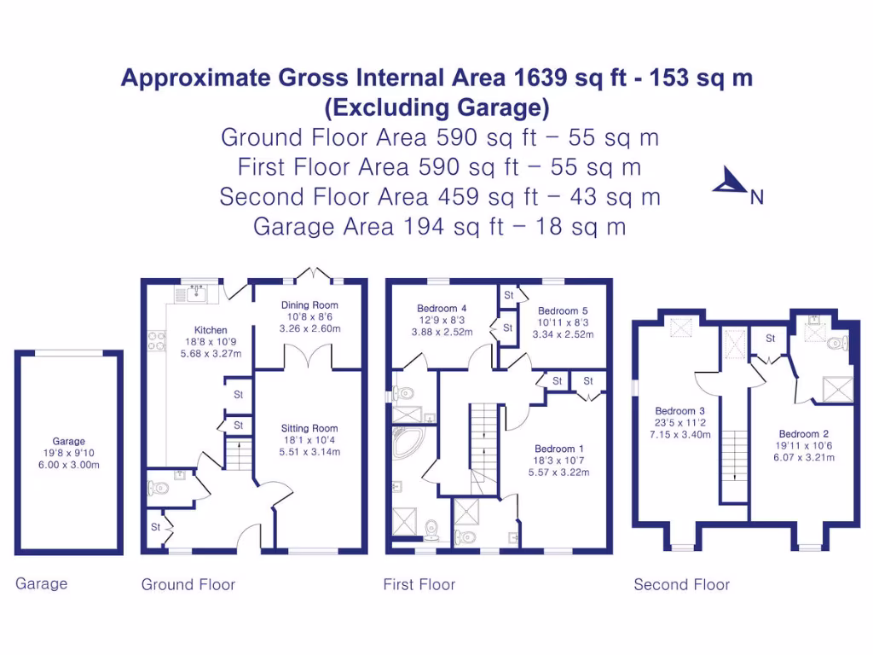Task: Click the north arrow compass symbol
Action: tap(729, 181)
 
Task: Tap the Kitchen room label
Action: tap(211, 330)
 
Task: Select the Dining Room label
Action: tap(309, 304)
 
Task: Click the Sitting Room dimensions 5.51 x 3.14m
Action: tap(309, 452)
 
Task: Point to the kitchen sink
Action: tap(195, 293)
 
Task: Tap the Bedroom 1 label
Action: tap(559, 449)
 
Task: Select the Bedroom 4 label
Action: tap(442, 309)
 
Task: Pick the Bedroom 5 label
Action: tap(563, 310)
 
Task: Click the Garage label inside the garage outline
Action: tap(69, 441)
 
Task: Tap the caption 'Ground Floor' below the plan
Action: tap(188, 584)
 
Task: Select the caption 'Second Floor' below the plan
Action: tap(681, 584)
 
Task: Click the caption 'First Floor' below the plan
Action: tap(419, 584)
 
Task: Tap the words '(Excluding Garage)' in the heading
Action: tap(436, 107)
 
